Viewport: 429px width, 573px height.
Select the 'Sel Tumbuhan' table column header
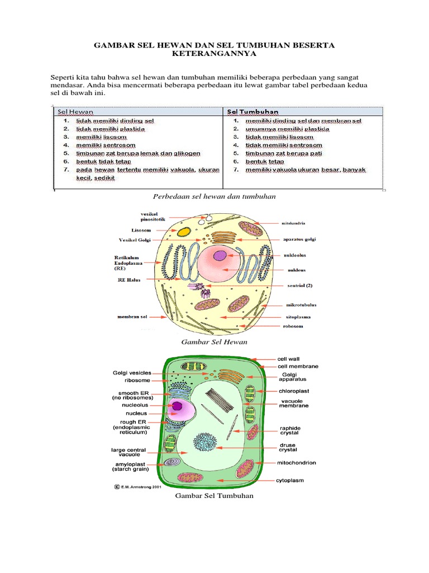[x=251, y=111]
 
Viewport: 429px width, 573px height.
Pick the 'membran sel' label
[x=132, y=317]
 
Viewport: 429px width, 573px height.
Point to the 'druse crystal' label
[x=288, y=447]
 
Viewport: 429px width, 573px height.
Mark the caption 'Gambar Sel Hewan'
[x=214, y=341]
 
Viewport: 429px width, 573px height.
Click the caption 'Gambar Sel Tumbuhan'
[x=214, y=496]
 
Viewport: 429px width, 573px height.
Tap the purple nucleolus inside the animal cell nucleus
[x=221, y=256]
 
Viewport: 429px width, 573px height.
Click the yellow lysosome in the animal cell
[x=184, y=231]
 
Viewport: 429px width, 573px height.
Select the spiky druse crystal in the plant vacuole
[x=204, y=443]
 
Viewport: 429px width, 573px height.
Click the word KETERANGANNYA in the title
[x=215, y=54]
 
